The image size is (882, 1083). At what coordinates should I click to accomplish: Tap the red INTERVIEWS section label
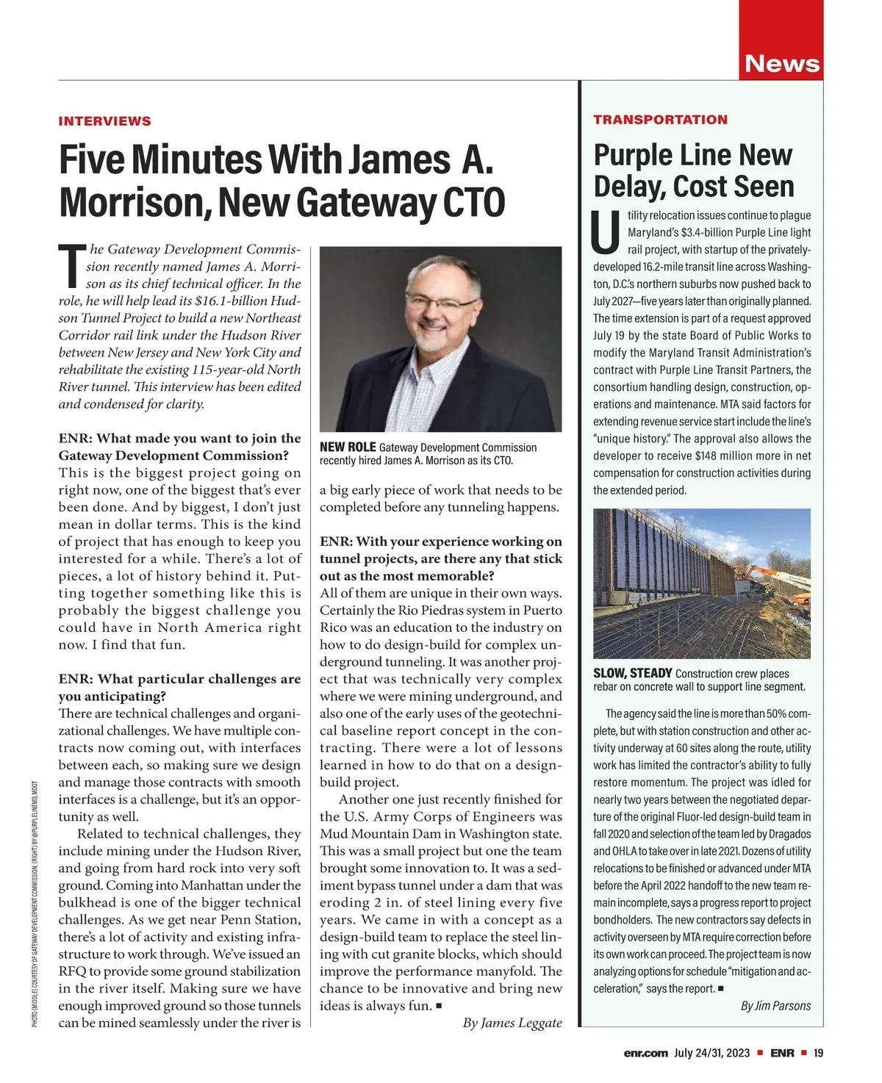click(x=104, y=121)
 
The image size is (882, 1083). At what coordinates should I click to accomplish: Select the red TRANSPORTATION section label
click(x=660, y=120)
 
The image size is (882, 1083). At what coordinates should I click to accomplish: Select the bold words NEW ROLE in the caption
click(x=348, y=447)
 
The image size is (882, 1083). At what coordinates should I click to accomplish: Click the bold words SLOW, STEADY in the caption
click(x=633, y=673)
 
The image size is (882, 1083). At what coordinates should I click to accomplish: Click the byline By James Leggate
click(x=512, y=1023)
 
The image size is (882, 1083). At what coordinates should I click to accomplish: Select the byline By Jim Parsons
click(x=775, y=1006)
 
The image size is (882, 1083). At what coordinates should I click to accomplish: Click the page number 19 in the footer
click(x=818, y=1053)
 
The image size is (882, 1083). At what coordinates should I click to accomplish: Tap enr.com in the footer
click(x=645, y=1053)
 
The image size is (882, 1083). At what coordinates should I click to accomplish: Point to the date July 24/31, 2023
click(x=711, y=1053)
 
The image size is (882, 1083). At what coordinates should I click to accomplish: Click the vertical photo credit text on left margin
click(x=35, y=904)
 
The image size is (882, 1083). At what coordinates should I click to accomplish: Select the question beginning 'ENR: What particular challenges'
click(x=179, y=687)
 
